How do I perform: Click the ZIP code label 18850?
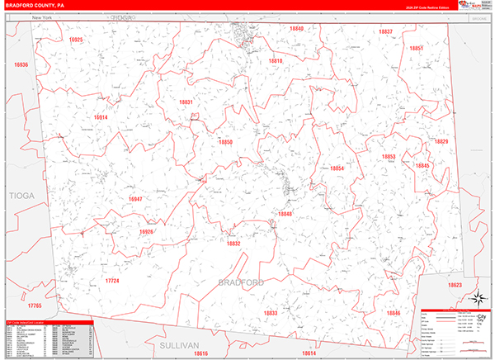(226, 142)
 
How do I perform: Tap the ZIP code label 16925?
(77, 39)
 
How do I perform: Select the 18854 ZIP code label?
(337, 168)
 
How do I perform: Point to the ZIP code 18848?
(285, 214)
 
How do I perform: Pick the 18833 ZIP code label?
(271, 313)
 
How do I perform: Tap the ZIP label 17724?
(112, 281)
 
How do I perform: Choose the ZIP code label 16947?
(135, 199)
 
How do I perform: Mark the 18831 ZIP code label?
(186, 102)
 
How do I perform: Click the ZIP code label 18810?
(276, 61)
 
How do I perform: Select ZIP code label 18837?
(386, 32)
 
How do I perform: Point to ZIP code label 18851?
(417, 49)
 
